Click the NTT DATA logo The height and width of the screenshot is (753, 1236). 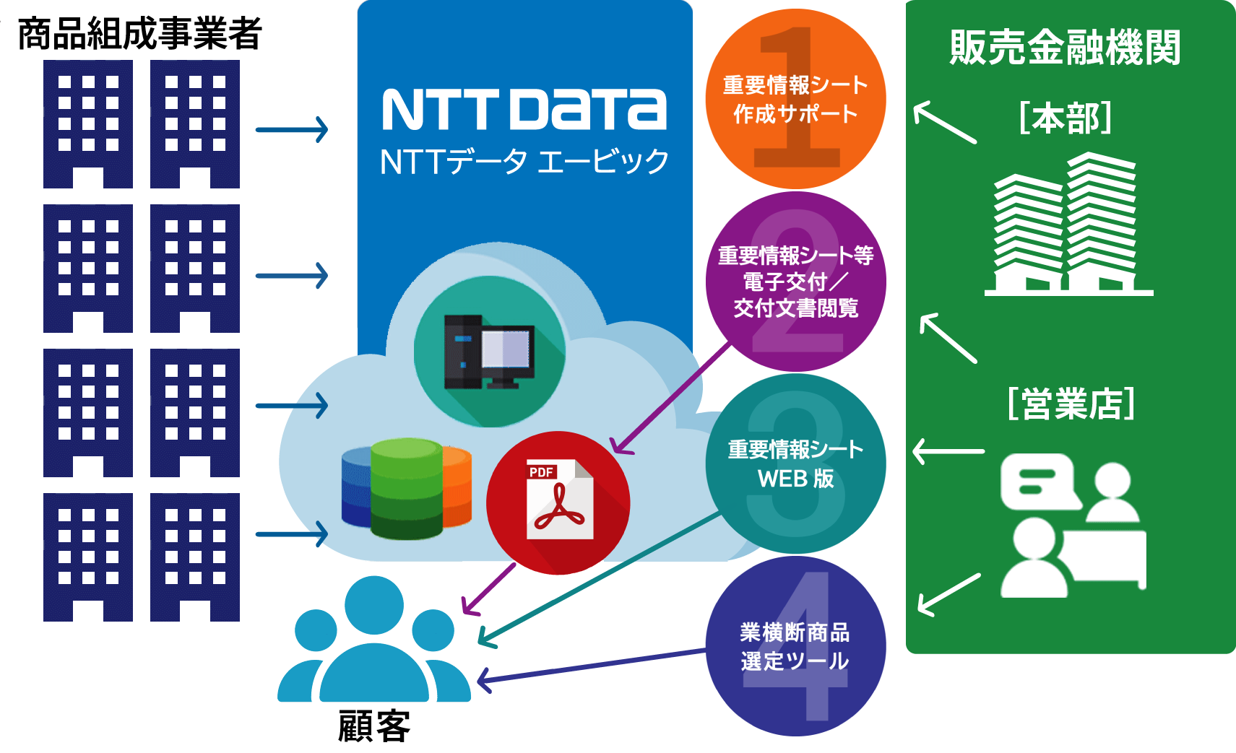(x=524, y=110)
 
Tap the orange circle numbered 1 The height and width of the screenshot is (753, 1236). (x=795, y=99)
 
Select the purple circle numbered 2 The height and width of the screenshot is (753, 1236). (x=795, y=282)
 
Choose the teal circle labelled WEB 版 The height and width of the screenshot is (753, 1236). (x=795, y=463)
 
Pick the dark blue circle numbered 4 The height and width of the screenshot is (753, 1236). (x=795, y=646)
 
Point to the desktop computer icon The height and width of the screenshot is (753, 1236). (x=489, y=352)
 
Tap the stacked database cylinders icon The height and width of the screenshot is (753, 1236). (x=407, y=488)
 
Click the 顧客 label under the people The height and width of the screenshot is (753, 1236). (x=373, y=726)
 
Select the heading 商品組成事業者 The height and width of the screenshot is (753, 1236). (x=139, y=33)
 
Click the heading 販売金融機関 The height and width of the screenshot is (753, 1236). (x=1065, y=48)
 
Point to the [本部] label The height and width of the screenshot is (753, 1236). (x=1065, y=118)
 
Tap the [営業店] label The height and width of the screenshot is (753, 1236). (x=1071, y=403)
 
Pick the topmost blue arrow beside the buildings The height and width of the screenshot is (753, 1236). (x=292, y=130)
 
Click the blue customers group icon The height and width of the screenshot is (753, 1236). (x=374, y=642)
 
